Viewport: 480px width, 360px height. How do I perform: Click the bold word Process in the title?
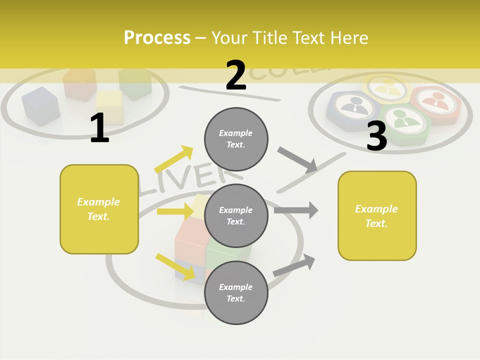point(157,38)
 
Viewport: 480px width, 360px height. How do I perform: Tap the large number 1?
point(99,128)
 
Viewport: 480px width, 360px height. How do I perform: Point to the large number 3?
point(376,136)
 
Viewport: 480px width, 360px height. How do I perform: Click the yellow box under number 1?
point(99,209)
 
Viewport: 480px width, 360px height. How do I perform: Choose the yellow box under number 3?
point(377,215)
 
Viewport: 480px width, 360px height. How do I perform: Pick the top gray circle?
point(236,139)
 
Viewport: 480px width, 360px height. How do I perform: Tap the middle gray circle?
point(236,215)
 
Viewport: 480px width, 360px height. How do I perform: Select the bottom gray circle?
point(236,292)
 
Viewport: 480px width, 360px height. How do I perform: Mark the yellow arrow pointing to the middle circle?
point(175,211)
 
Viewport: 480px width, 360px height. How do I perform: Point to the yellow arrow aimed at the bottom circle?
point(175,266)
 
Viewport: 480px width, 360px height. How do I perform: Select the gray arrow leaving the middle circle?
point(296,210)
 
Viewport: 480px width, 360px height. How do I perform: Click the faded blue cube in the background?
point(40,105)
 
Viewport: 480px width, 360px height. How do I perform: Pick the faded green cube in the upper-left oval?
point(135,83)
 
